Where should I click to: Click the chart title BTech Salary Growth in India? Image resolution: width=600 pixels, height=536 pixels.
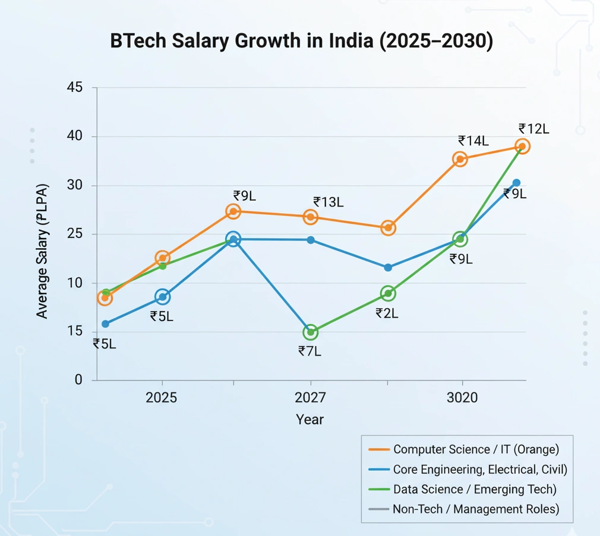(302, 42)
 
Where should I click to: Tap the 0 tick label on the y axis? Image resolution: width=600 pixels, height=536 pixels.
(78, 380)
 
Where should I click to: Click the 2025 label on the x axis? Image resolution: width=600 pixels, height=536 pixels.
(161, 398)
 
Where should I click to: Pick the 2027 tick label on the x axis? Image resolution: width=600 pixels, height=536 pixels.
(310, 398)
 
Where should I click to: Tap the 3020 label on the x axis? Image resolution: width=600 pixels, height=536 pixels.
(462, 398)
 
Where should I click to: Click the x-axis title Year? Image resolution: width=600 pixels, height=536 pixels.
(310, 420)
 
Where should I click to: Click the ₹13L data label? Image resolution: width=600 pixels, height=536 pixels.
(329, 202)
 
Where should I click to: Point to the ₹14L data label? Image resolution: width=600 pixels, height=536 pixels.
(473, 141)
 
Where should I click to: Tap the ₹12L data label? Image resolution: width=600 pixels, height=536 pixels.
(533, 129)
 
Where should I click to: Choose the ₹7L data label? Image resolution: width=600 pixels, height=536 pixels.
(310, 351)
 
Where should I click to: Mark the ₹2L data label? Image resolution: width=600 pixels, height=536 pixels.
(387, 313)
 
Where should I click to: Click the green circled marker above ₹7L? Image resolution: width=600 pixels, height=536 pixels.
(310, 332)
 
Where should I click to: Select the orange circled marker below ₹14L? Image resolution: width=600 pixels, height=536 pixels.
(460, 159)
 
